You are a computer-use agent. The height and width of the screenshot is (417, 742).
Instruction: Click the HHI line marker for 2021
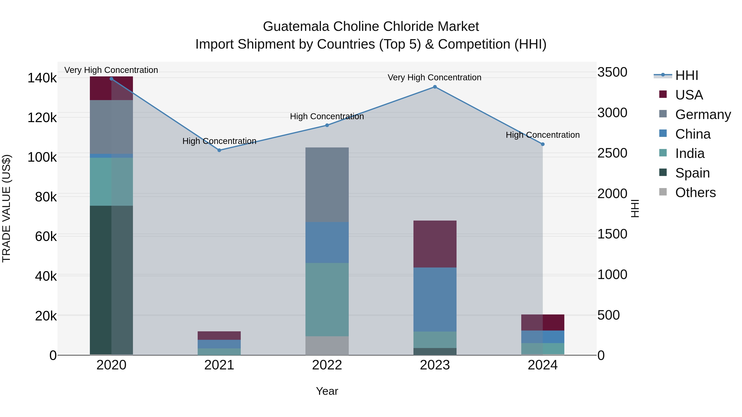click(x=219, y=150)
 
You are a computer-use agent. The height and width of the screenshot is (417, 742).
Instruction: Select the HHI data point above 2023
click(x=435, y=87)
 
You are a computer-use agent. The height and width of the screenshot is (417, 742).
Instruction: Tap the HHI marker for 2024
click(x=543, y=144)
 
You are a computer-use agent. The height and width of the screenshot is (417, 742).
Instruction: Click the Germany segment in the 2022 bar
click(x=327, y=185)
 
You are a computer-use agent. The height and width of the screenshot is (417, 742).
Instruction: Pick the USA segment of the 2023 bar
click(x=435, y=244)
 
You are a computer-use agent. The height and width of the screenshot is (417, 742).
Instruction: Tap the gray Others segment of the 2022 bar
click(x=327, y=345)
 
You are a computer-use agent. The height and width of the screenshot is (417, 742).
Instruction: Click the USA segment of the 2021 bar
click(x=219, y=336)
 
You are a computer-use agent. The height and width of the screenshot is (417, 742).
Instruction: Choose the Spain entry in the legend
click(x=692, y=173)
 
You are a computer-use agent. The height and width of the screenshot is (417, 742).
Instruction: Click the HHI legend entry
click(x=686, y=75)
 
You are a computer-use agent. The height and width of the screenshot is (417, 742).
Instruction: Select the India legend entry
click(x=690, y=153)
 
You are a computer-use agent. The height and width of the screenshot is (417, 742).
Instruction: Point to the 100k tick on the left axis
click(x=42, y=157)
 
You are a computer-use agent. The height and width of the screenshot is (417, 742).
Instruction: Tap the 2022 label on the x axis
click(x=327, y=365)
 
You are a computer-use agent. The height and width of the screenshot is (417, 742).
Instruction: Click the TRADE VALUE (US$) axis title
click(x=6, y=208)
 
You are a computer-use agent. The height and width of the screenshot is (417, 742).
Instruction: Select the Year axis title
click(x=327, y=391)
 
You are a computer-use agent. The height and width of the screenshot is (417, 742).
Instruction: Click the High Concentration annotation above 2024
click(x=543, y=135)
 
